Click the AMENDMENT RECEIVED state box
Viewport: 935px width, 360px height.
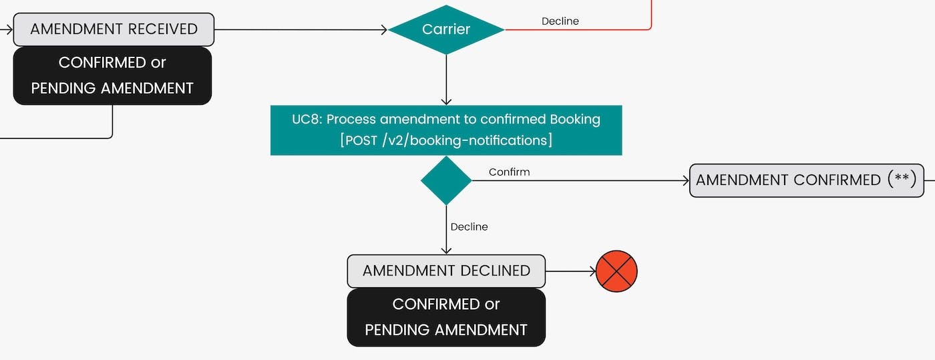click(114, 29)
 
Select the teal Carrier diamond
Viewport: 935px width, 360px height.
click(446, 29)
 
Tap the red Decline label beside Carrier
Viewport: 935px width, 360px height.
click(560, 21)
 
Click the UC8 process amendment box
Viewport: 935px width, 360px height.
click(446, 130)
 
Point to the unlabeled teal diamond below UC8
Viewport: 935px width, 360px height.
click(446, 180)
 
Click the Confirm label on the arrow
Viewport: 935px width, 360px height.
click(509, 172)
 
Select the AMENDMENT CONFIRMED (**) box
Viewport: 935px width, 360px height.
click(806, 180)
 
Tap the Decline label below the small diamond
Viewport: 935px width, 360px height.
click(469, 227)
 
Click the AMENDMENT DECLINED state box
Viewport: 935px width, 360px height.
click(446, 271)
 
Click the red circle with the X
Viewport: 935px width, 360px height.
click(616, 271)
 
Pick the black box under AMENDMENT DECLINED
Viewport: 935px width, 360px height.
click(446, 317)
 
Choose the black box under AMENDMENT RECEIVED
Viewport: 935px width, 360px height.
click(112, 75)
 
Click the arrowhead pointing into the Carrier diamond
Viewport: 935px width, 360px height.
click(384, 29)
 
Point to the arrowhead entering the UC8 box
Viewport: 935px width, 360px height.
click(446, 102)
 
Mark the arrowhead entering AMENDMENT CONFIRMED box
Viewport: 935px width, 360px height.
click(685, 180)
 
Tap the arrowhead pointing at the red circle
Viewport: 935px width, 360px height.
click(591, 271)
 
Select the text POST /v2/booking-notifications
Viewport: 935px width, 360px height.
click(446, 140)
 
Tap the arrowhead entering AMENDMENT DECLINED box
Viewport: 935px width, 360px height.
click(446, 250)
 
